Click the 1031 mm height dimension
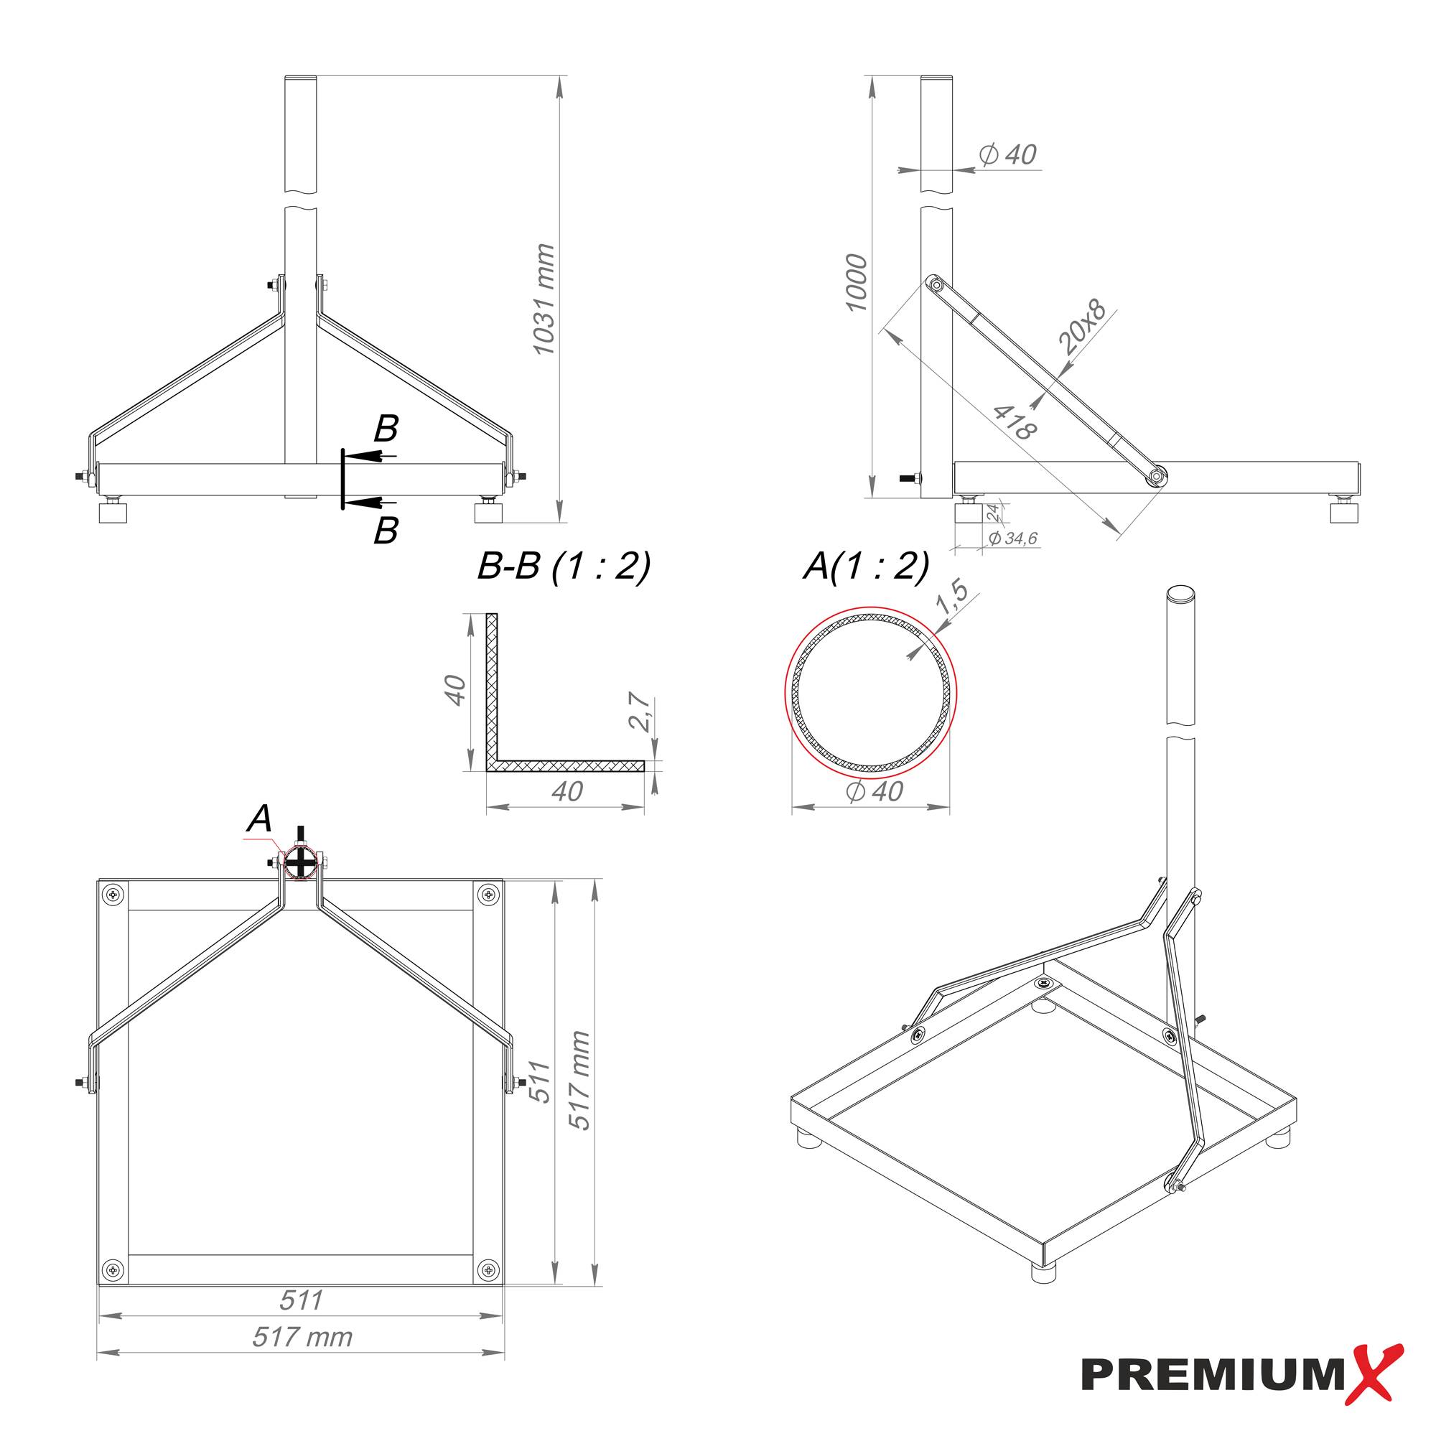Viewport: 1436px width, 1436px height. click(x=545, y=299)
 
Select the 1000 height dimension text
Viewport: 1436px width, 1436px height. click(x=857, y=282)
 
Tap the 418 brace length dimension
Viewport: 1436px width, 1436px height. click(x=1015, y=421)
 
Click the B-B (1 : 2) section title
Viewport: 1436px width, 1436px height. click(x=564, y=567)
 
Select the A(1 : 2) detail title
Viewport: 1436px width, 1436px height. click(x=866, y=567)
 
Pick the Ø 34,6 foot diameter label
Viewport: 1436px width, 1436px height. click(x=1012, y=538)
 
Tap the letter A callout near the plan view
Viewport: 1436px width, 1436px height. click(x=259, y=819)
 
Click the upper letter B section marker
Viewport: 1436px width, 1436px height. click(x=386, y=429)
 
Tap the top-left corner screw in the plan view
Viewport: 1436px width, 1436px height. click(x=113, y=895)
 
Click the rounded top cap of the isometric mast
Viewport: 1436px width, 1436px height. click(x=1180, y=593)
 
